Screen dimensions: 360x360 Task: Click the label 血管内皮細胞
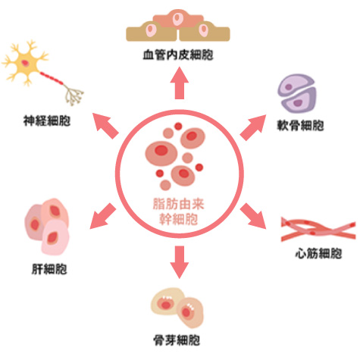(178, 55)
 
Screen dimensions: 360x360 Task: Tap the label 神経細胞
(47, 121)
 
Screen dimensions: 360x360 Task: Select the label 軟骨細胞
(300, 125)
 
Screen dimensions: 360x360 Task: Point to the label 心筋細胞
(318, 253)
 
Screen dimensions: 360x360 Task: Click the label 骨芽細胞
(177, 340)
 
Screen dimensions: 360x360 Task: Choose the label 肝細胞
(49, 269)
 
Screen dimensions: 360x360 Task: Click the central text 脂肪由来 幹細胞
(179, 211)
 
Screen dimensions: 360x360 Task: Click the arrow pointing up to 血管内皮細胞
(179, 83)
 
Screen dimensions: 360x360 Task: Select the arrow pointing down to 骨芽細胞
(179, 262)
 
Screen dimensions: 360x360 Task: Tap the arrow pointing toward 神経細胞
(105, 126)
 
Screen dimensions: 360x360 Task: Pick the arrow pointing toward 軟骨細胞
(253, 127)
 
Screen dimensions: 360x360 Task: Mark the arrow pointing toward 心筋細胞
(253, 216)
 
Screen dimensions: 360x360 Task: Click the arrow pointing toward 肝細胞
(103, 216)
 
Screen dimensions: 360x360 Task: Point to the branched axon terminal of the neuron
(74, 95)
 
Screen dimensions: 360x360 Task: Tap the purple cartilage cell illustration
(297, 93)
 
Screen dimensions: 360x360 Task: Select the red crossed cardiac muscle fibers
(318, 229)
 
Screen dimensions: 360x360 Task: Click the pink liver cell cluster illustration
(47, 227)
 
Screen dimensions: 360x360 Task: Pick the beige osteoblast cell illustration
(177, 307)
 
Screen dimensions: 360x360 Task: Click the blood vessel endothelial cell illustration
(178, 26)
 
